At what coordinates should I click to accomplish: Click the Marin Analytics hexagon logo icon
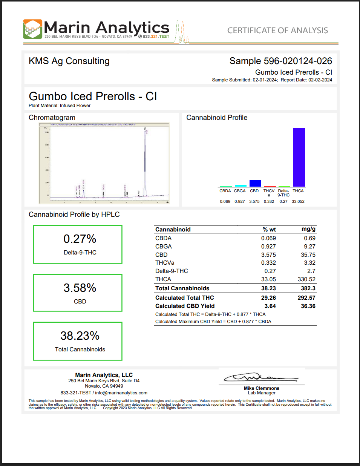coord(32,29)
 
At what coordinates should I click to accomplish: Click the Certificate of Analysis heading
coord(277,31)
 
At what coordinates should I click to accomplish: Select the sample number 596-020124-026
coord(298,61)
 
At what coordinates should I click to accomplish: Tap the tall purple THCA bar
coord(299,157)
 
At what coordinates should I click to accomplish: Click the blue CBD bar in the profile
coord(255,183)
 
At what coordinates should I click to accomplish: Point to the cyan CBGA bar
coord(241,185)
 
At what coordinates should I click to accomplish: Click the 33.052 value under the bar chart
coord(298,201)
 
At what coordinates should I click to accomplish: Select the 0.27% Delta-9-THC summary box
coord(78,244)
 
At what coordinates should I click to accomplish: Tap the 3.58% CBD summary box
coord(78,293)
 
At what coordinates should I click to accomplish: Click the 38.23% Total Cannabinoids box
coord(78,341)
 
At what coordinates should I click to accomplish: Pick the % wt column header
coord(269,229)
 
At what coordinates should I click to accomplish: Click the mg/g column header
coord(308,229)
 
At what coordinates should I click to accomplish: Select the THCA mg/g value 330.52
coord(306,279)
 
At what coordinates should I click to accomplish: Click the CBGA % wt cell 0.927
coord(268,247)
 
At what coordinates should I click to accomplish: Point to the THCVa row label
coord(165,263)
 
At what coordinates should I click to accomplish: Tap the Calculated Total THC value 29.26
coord(268,298)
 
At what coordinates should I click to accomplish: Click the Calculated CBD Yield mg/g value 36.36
coord(308,306)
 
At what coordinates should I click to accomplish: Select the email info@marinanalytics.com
coord(121,393)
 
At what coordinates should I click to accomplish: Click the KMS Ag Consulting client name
coord(69,61)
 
